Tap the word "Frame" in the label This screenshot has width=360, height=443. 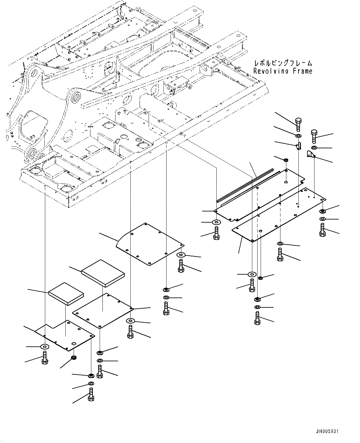[x=301, y=71]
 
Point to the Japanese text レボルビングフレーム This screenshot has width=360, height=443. [x=283, y=63]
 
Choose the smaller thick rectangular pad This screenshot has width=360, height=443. [x=66, y=293]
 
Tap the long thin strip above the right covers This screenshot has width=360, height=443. [x=245, y=185]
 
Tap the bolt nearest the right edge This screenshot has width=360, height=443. [x=322, y=231]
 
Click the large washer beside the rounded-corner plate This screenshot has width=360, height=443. [x=181, y=254]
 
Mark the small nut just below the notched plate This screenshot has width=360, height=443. [x=74, y=358]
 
